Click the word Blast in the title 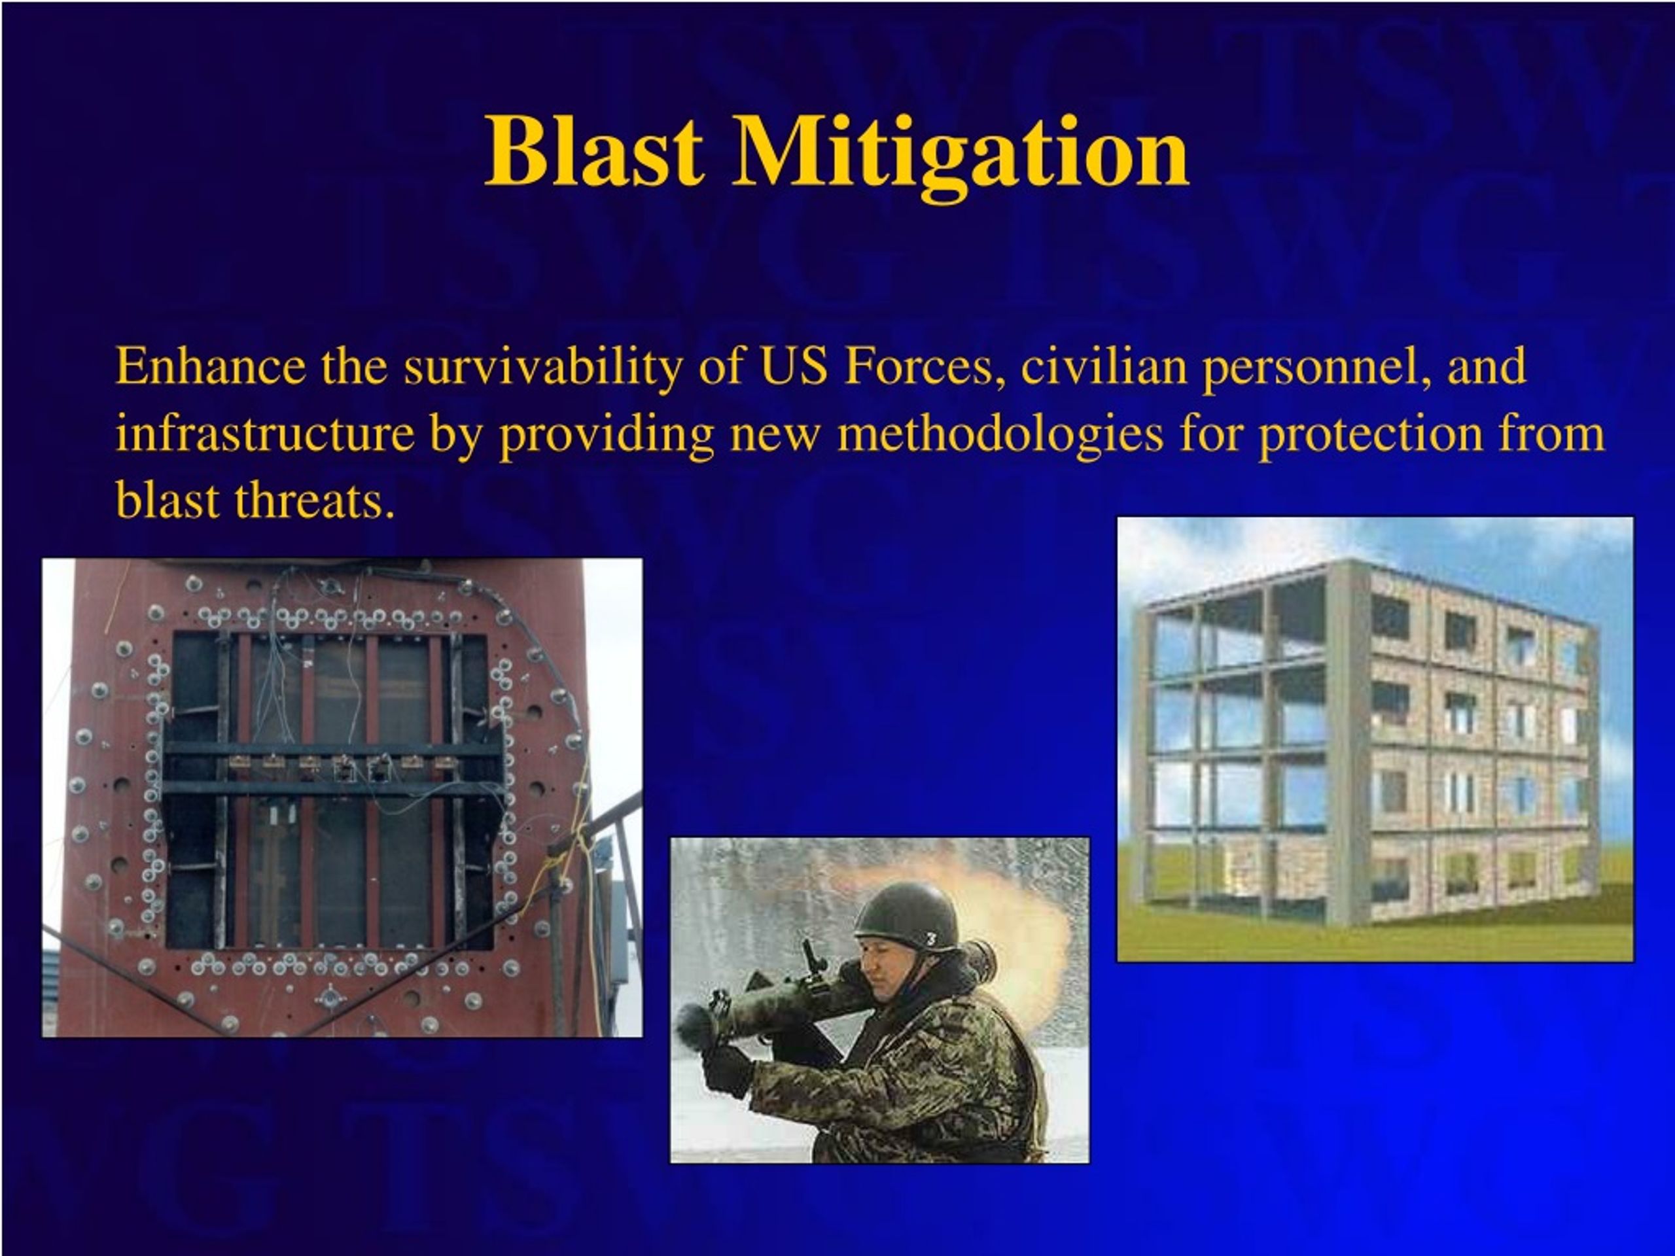[x=594, y=150]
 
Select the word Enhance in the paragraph [x=211, y=366]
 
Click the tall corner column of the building [x=1348, y=742]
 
